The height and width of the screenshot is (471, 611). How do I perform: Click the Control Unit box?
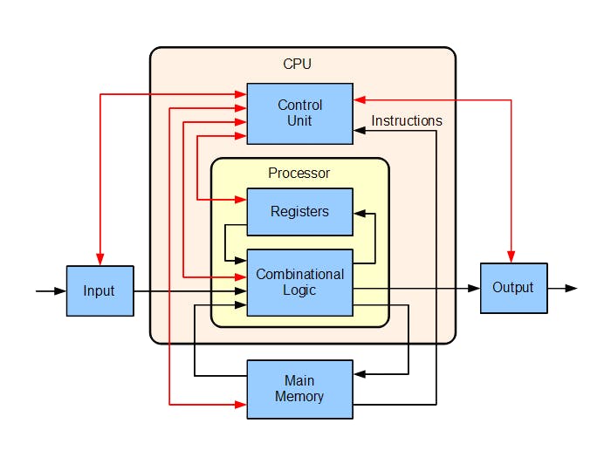299,113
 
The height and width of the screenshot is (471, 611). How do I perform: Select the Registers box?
299,212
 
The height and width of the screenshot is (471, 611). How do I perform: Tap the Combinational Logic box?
299,282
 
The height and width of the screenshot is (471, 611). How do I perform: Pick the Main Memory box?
299,389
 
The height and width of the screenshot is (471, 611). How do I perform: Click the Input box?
100,290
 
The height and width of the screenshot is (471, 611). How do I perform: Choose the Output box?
513,288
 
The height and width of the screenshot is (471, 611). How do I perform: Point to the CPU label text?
297,65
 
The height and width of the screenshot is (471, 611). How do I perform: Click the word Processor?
299,173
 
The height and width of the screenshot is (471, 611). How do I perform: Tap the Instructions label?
407,121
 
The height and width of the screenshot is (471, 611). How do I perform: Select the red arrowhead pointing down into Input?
100,260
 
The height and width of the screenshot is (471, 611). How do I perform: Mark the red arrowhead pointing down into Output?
511,257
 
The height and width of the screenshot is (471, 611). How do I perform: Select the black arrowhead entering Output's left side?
475,288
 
